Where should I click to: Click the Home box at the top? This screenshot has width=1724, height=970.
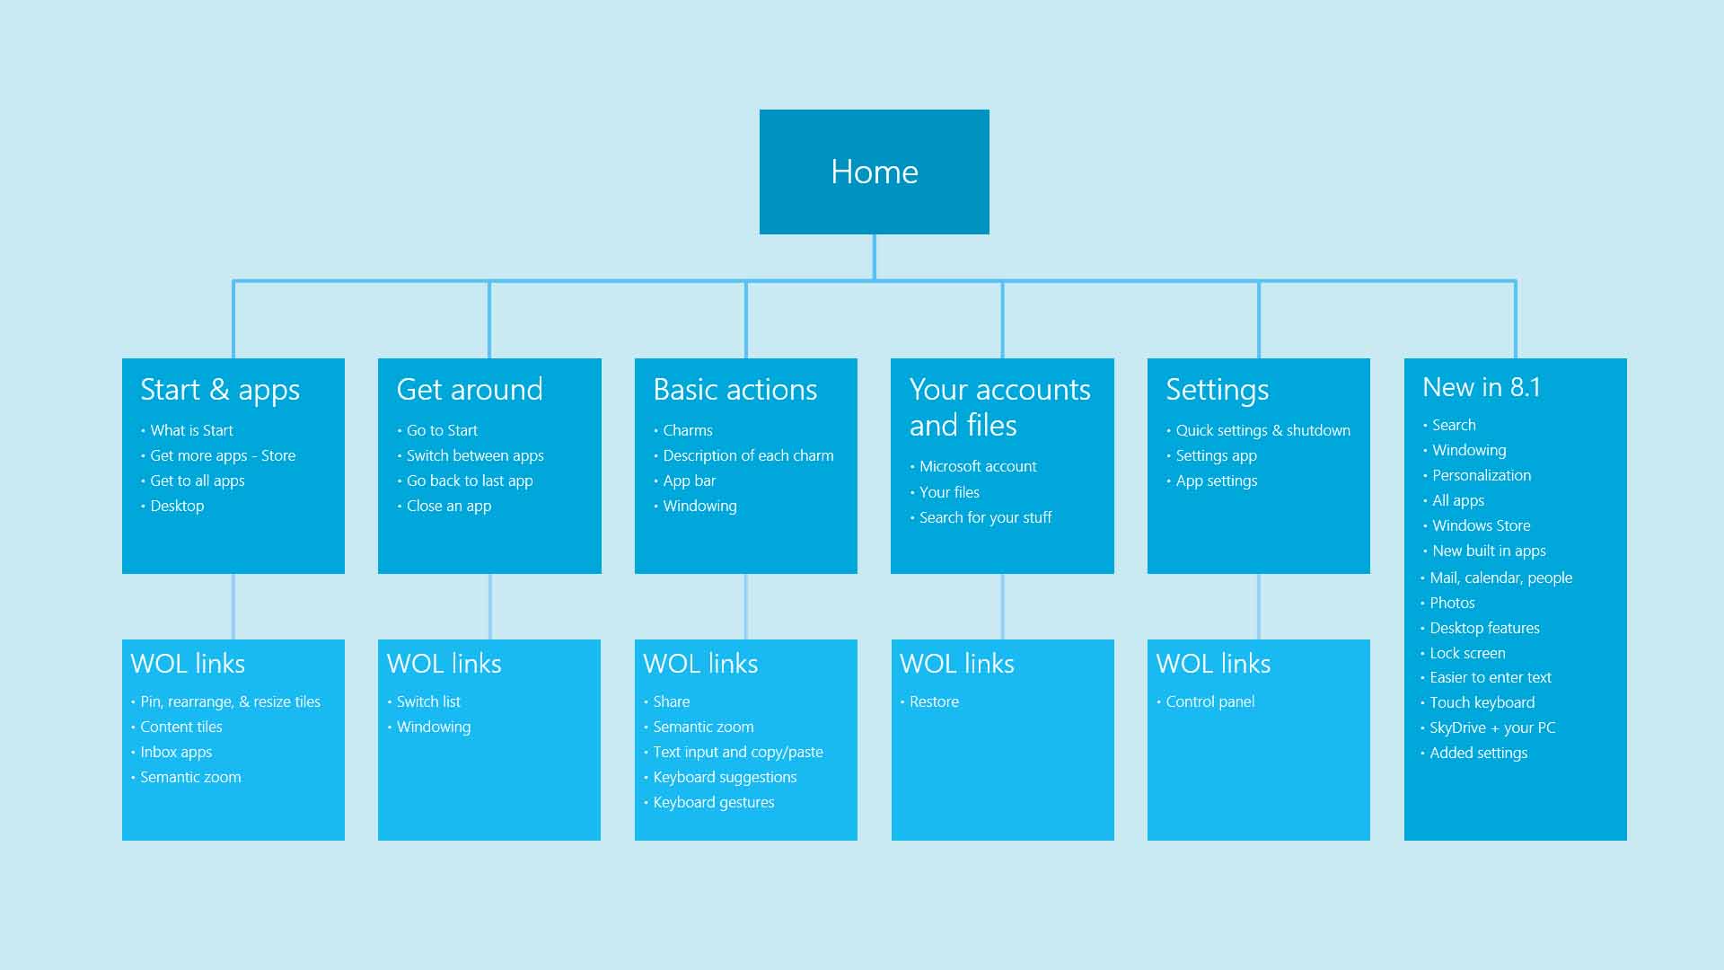click(x=874, y=172)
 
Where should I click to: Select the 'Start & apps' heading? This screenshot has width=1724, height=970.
click(x=220, y=390)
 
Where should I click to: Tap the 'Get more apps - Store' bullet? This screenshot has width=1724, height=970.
click(x=223, y=455)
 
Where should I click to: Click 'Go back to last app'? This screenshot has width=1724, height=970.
click(x=470, y=481)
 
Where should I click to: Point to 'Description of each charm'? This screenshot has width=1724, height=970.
click(x=748, y=455)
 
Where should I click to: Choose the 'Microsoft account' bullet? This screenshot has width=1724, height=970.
click(x=978, y=466)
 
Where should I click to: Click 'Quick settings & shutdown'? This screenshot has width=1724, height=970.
click(x=1262, y=430)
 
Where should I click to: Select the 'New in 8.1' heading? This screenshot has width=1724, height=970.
click(x=1482, y=387)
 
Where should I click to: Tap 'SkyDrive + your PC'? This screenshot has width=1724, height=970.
click(x=1492, y=727)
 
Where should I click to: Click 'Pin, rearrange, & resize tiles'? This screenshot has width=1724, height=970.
click(x=230, y=701)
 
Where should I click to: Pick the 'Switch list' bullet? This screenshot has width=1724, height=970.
click(x=428, y=701)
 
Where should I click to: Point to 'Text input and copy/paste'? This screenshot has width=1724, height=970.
click(x=738, y=752)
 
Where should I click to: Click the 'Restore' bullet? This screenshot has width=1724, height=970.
click(x=934, y=701)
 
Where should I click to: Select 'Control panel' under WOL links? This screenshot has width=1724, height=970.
click(x=1209, y=701)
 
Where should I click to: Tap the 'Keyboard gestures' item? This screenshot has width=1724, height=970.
click(x=714, y=802)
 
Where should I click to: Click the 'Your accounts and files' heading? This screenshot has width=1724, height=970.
click(x=999, y=407)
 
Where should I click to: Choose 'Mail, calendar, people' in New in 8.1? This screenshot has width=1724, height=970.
click(x=1500, y=578)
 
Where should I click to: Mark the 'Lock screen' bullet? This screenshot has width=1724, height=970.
click(x=1467, y=653)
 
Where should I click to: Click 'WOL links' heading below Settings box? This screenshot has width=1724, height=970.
click(x=1213, y=664)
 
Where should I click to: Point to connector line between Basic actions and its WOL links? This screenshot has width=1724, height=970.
click(x=746, y=606)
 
